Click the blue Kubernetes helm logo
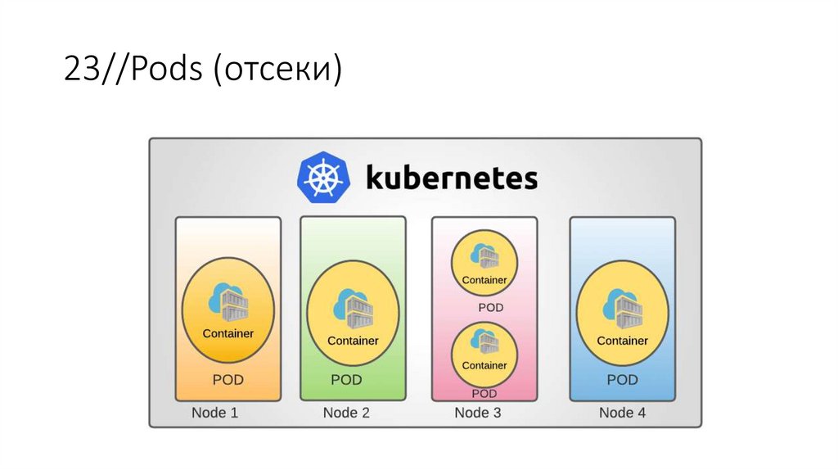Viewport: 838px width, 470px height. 323,177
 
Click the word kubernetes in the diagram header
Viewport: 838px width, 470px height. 451,177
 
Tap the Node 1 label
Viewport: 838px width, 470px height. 214,413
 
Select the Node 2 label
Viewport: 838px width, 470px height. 346,413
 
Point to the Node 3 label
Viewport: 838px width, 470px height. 477,413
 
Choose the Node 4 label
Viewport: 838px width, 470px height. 622,413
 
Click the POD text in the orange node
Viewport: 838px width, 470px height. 228,380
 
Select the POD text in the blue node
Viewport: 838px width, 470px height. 622,380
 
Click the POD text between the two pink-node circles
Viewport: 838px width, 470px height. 491,308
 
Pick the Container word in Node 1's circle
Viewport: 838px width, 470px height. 228,333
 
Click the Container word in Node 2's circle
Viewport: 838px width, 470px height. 353,341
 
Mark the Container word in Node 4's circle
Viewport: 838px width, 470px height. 622,341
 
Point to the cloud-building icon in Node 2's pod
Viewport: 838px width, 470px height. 353,310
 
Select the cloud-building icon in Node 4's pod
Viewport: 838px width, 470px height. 622,310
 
